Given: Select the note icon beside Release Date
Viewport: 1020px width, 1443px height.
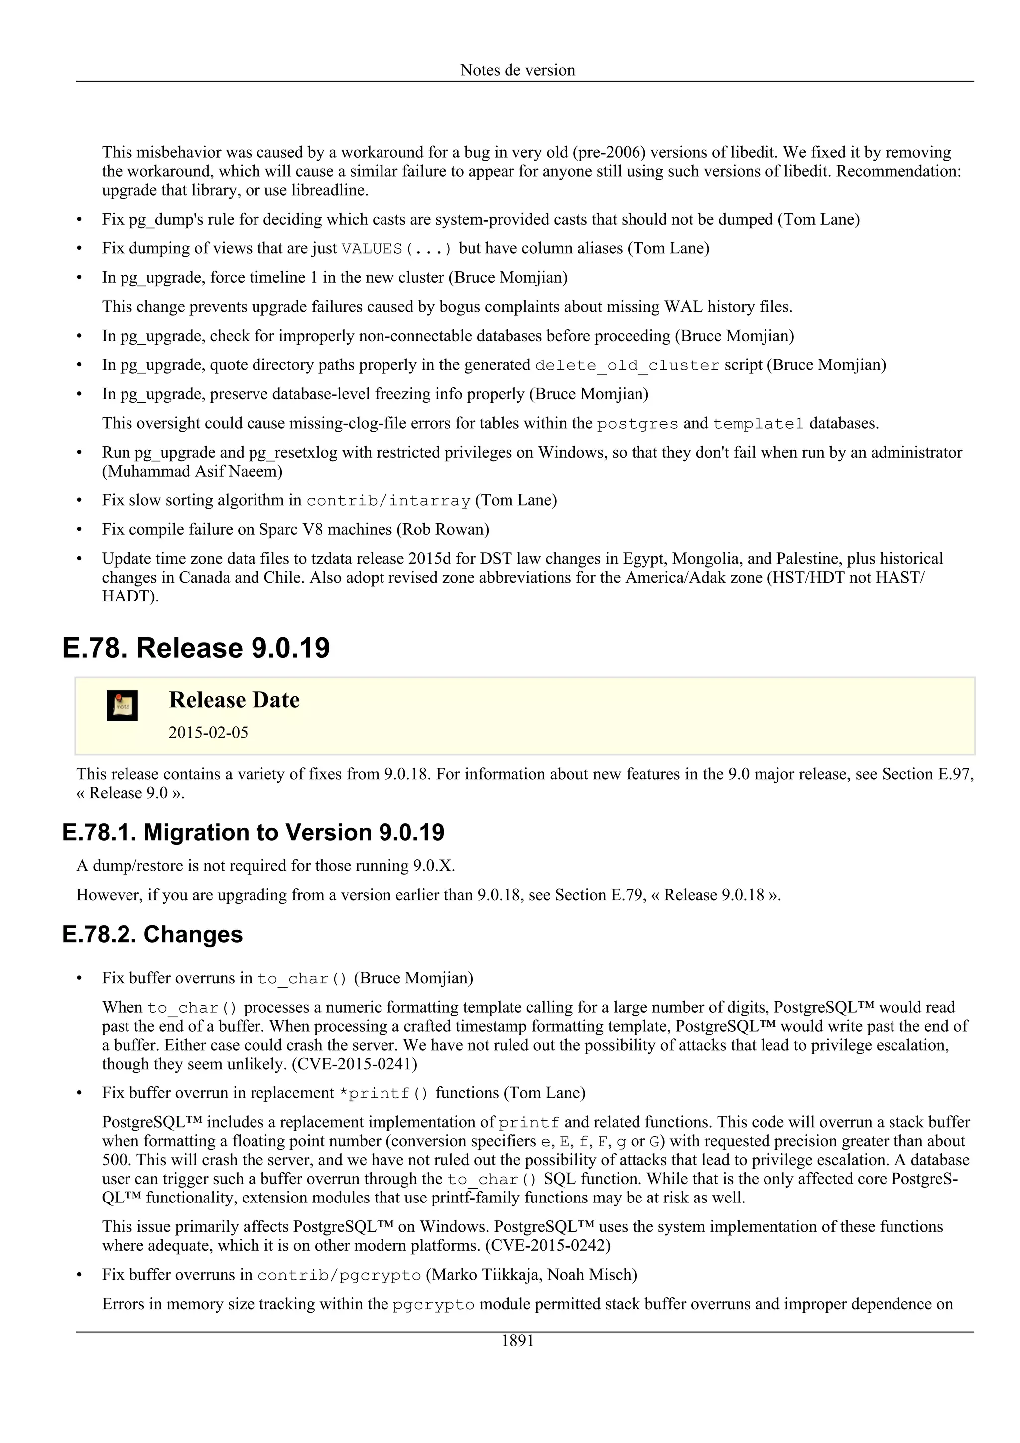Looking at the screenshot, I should [122, 706].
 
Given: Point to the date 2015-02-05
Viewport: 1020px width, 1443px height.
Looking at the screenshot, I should [208, 733].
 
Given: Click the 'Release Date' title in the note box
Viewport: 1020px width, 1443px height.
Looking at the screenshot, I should [234, 700].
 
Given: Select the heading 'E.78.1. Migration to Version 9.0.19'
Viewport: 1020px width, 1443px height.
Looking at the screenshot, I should [254, 832].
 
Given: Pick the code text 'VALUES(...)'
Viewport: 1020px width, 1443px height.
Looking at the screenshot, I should [396, 249].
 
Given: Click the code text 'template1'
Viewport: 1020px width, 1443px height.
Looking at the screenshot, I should [758, 424].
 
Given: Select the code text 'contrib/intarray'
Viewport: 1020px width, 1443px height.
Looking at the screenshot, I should [388, 501].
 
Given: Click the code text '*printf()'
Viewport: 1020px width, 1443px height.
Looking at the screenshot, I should [383, 1094].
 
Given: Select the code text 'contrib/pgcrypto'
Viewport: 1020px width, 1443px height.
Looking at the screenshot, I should [339, 1276].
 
